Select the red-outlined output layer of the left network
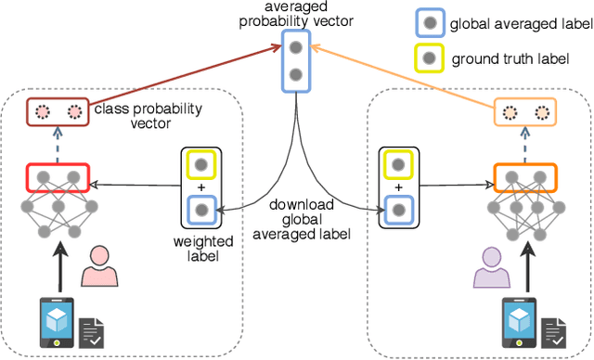tap(58, 176)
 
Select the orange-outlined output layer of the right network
tap(523, 176)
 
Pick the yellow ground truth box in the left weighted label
tap(201, 166)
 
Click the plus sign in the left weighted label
tap(201, 187)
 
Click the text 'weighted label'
tap(201, 249)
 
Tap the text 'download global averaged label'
tap(309, 218)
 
